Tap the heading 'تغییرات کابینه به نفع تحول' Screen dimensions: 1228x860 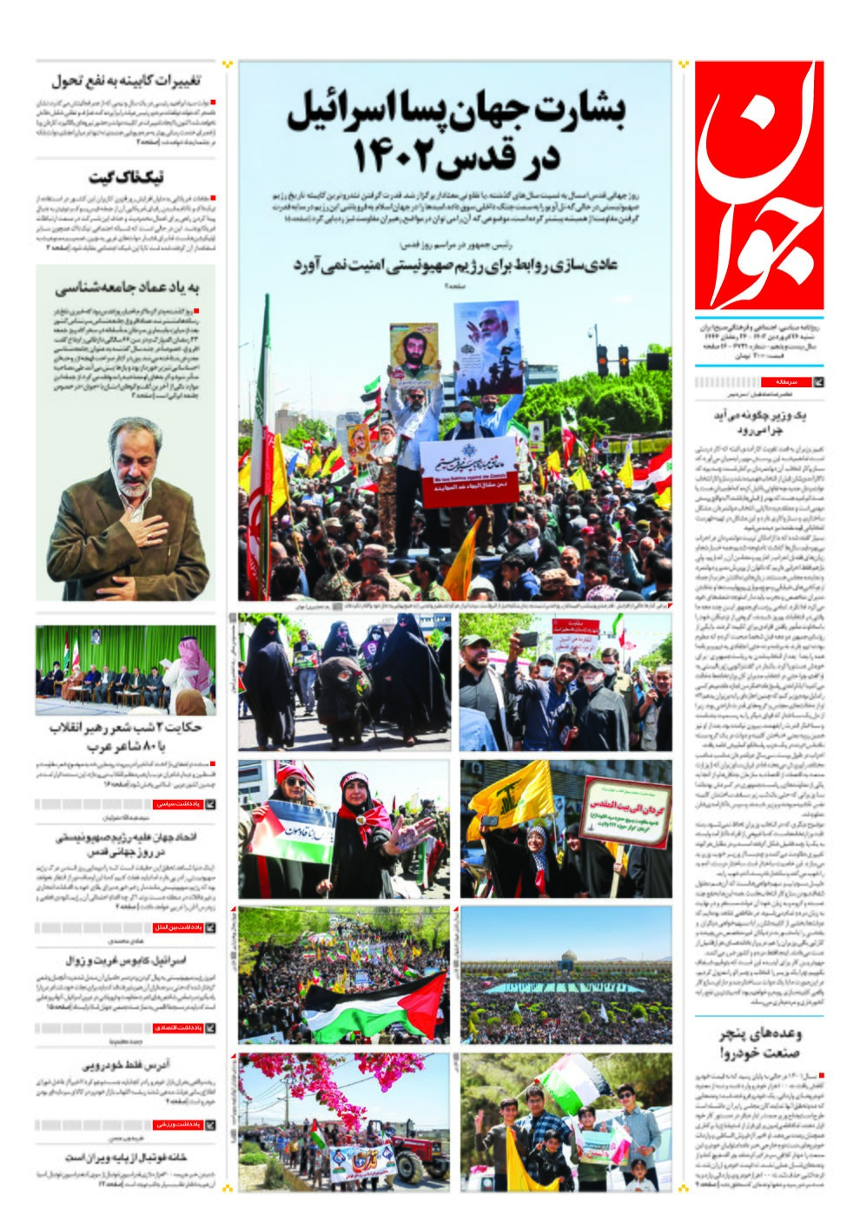(127, 82)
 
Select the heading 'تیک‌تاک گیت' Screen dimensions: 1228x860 (126, 177)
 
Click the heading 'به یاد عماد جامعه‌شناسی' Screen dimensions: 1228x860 (127, 287)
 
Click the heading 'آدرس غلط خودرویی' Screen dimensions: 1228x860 (127, 1065)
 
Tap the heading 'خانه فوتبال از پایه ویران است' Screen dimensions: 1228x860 (127, 1158)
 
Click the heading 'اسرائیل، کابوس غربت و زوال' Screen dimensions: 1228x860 (127, 961)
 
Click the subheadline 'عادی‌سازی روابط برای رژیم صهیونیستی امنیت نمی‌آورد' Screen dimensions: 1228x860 (455, 266)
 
